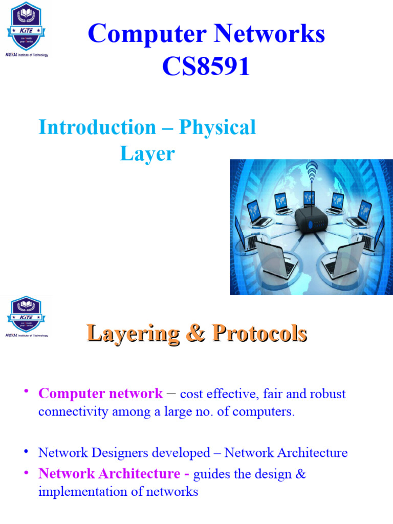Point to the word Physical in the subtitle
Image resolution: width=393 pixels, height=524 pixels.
pos(217,127)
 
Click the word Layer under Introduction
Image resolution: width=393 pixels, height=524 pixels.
pos(147,153)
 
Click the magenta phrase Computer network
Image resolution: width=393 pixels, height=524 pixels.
pos(101,394)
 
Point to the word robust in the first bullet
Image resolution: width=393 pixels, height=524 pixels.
pos(328,394)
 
